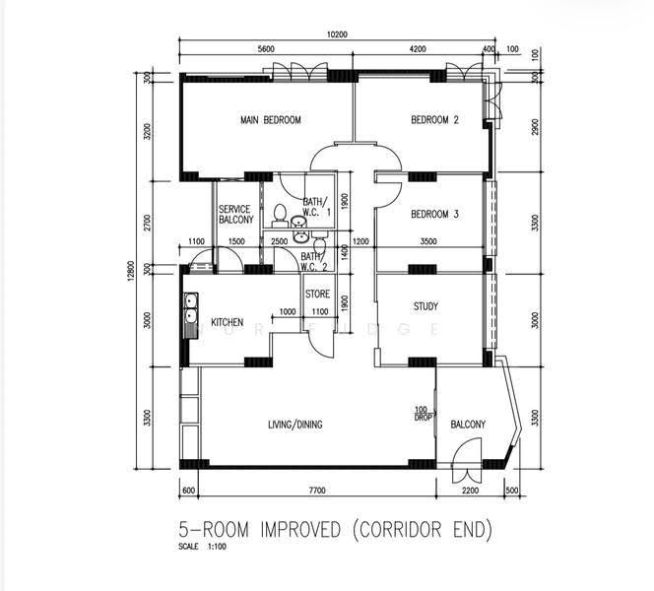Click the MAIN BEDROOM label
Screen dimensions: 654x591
click(x=271, y=120)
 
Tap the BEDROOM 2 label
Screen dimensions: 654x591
click(x=434, y=120)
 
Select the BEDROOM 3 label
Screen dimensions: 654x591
click(x=434, y=214)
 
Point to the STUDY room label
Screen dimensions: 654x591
click(x=425, y=306)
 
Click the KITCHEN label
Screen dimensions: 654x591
click(x=227, y=322)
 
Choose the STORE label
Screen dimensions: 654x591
click(x=317, y=295)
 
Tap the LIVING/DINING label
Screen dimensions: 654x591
click(x=294, y=425)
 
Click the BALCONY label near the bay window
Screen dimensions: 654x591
click(x=468, y=425)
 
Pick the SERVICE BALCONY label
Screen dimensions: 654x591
click(x=236, y=215)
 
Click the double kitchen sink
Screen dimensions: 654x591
click(x=191, y=308)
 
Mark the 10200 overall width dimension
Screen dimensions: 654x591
click(x=337, y=34)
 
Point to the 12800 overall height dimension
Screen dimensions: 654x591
click(x=131, y=271)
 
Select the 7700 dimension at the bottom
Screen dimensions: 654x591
click(x=316, y=491)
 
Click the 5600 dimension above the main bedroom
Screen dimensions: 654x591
click(x=266, y=49)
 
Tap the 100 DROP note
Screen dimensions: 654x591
click(x=423, y=414)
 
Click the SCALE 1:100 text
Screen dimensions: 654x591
click(x=202, y=547)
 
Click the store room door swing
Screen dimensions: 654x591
click(x=320, y=342)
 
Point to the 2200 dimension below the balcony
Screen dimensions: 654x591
click(x=470, y=491)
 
